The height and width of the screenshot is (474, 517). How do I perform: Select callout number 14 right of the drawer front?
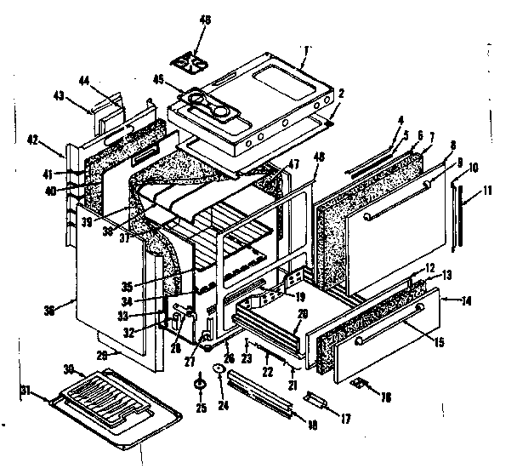tap(467, 300)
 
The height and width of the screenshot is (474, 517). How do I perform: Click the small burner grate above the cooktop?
tap(192, 60)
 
